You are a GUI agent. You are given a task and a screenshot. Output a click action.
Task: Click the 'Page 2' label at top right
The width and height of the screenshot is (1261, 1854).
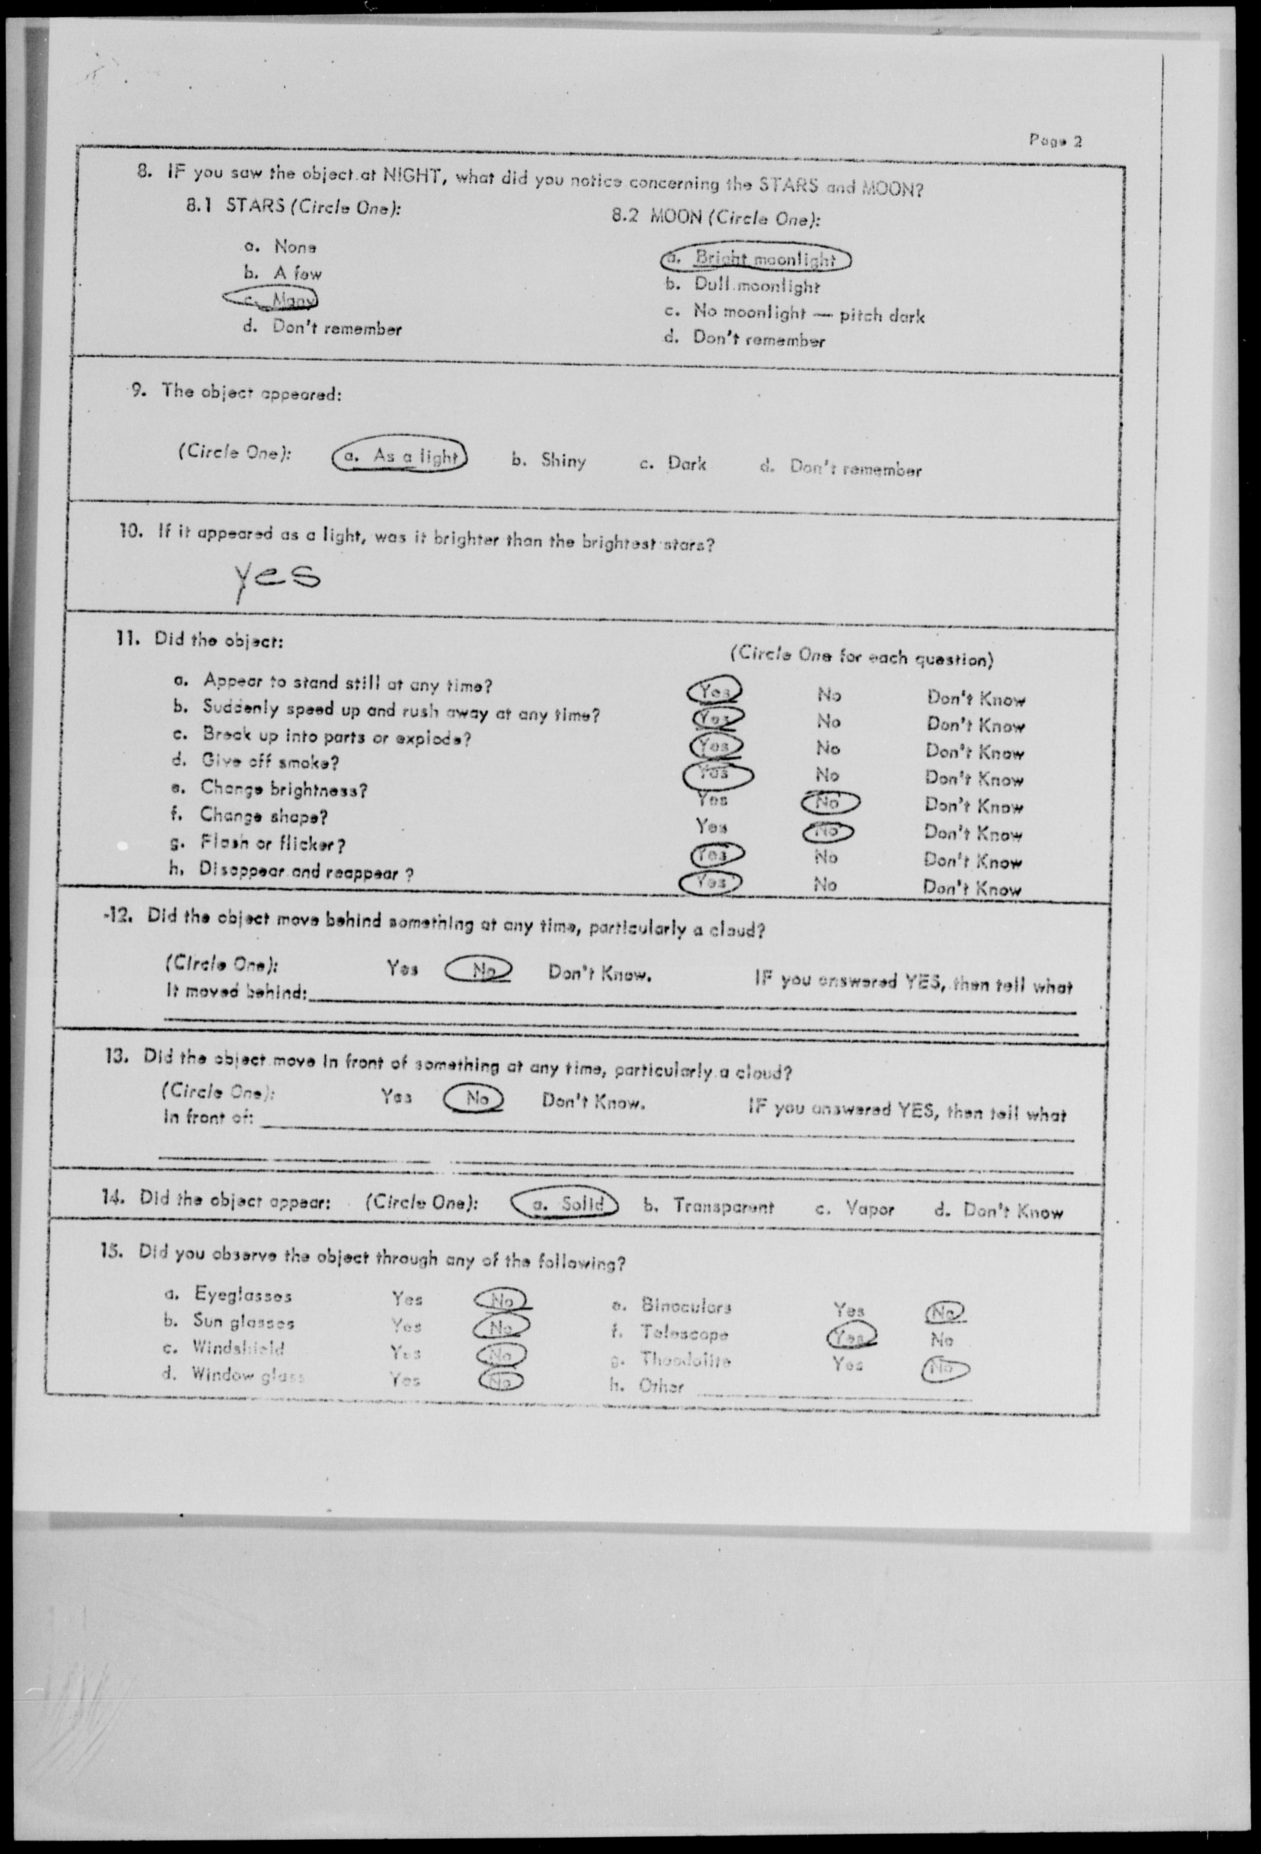click(1055, 141)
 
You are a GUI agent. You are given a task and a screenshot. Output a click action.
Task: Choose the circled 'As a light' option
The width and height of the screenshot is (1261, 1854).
click(399, 456)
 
